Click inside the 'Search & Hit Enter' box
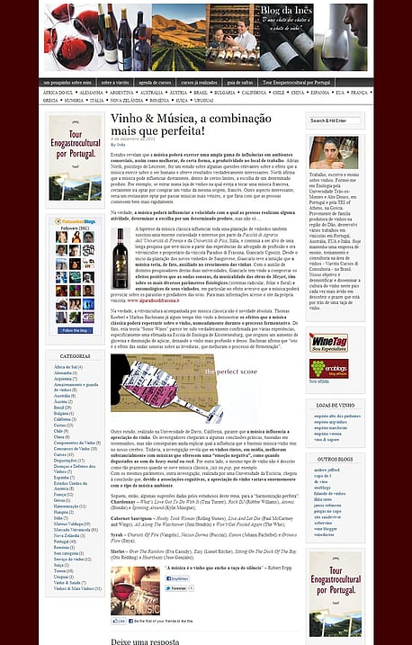point(335,120)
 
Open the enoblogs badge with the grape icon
point(322,367)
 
